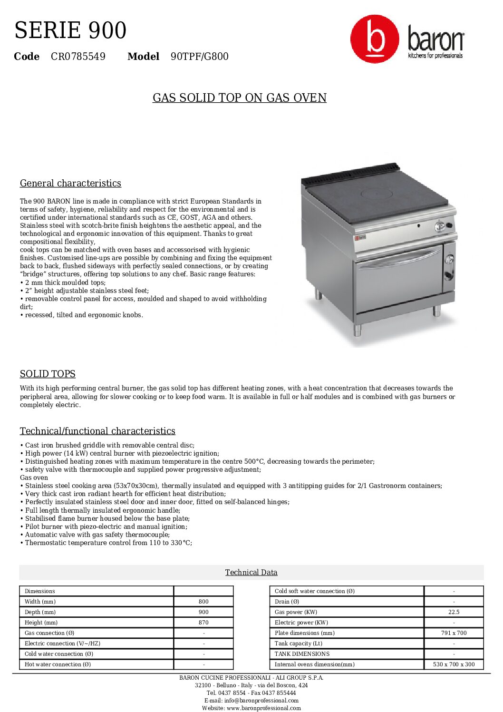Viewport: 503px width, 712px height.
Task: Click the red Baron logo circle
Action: tap(375, 39)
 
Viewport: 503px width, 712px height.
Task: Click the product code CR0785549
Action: tap(78, 57)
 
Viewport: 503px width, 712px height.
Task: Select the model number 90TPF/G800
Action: tap(199, 57)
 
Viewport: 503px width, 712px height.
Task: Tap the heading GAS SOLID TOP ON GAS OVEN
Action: tap(239, 98)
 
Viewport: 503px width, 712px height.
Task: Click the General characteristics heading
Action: tap(70, 184)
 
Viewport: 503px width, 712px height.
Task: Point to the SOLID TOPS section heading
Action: tap(48, 374)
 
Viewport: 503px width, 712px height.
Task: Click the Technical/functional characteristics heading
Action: tap(97, 431)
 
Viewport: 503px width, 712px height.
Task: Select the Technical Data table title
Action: tap(251, 573)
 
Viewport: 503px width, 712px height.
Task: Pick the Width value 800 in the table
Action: tap(203, 602)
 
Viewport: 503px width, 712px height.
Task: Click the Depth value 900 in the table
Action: tap(203, 612)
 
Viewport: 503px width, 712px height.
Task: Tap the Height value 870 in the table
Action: tap(203, 623)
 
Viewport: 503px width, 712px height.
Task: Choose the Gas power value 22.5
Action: tap(454, 612)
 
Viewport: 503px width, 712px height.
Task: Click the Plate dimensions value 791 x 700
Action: tap(454, 633)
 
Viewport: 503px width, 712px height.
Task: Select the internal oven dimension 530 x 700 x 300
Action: tap(454, 664)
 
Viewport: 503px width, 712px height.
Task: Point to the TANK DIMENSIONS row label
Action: tap(302, 654)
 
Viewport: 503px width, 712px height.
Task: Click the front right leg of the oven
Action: tap(436, 311)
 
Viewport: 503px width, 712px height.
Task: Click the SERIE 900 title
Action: tap(70, 30)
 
